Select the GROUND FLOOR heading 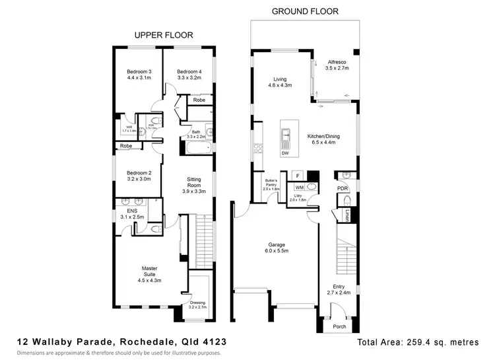[305, 11]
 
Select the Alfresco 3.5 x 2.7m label [337, 64]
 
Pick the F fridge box [298, 176]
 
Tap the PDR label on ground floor [341, 188]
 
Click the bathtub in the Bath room [197, 148]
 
